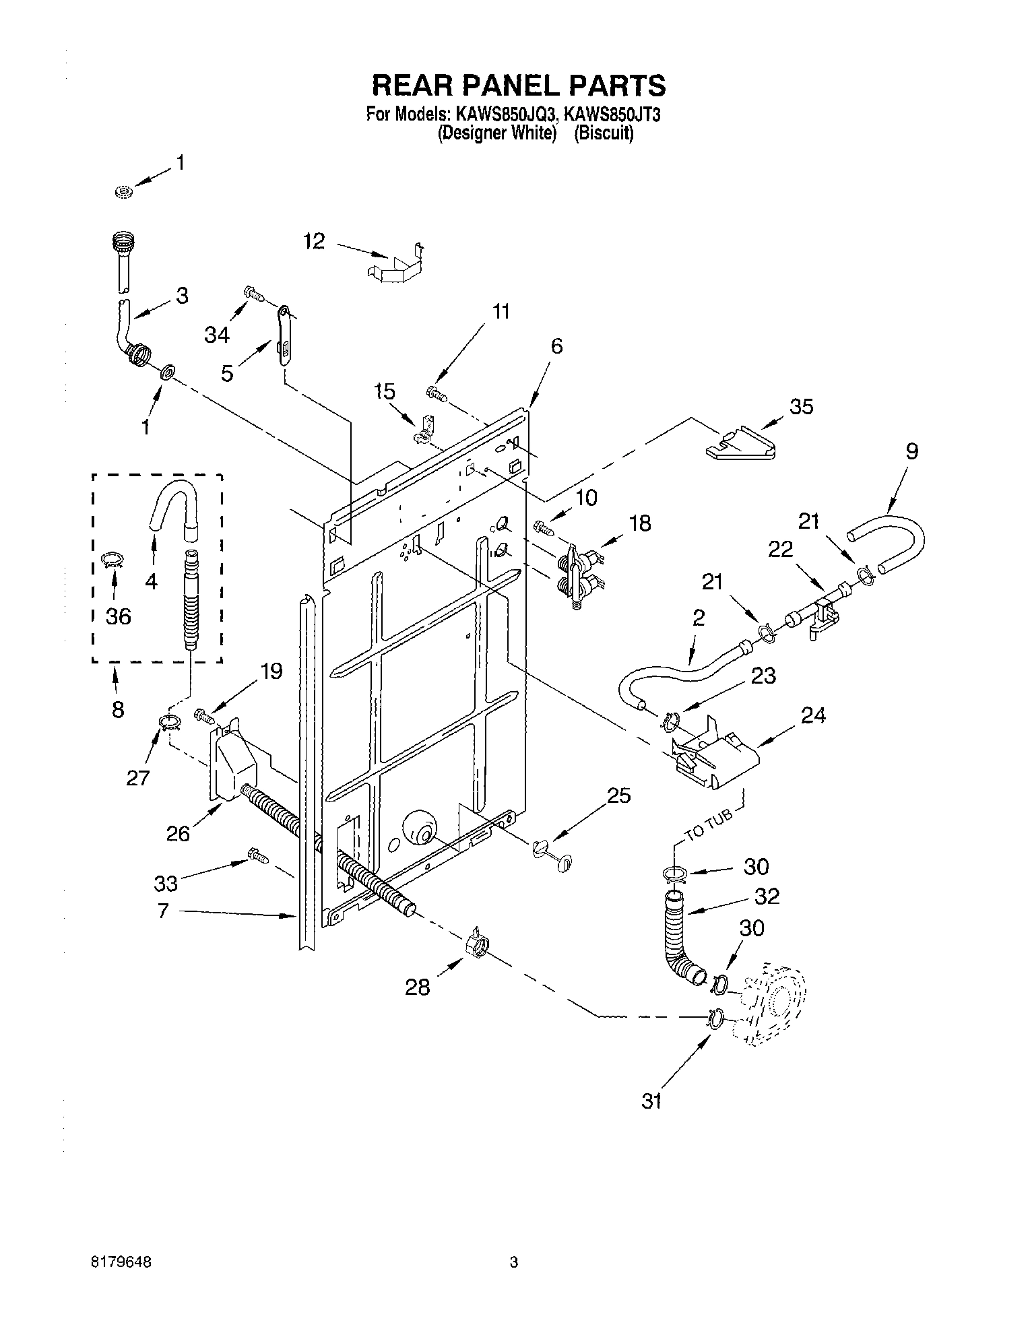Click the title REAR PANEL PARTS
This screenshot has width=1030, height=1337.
click(519, 86)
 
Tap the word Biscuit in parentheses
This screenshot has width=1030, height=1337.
click(604, 133)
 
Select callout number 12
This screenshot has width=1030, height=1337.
click(314, 241)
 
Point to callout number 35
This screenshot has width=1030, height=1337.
click(801, 406)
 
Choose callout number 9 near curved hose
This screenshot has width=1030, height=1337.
click(911, 451)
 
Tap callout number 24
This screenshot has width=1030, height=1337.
click(813, 715)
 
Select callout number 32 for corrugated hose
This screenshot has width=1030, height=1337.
click(767, 896)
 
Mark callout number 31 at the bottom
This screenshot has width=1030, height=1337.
click(651, 1101)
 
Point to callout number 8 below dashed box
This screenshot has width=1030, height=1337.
click(118, 709)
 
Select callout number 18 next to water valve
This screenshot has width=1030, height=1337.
click(640, 523)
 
